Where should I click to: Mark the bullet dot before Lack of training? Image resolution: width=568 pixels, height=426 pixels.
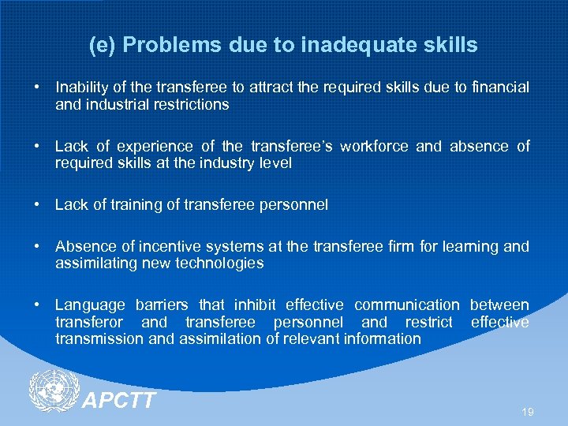(x=38, y=205)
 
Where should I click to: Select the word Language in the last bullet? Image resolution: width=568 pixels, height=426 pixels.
(x=89, y=305)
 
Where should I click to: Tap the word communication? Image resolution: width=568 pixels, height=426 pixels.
(x=406, y=305)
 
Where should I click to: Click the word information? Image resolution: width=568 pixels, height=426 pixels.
(x=383, y=339)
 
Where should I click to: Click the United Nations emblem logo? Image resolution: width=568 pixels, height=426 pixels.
(x=54, y=393)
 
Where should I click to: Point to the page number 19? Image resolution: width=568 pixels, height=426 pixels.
(x=528, y=413)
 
